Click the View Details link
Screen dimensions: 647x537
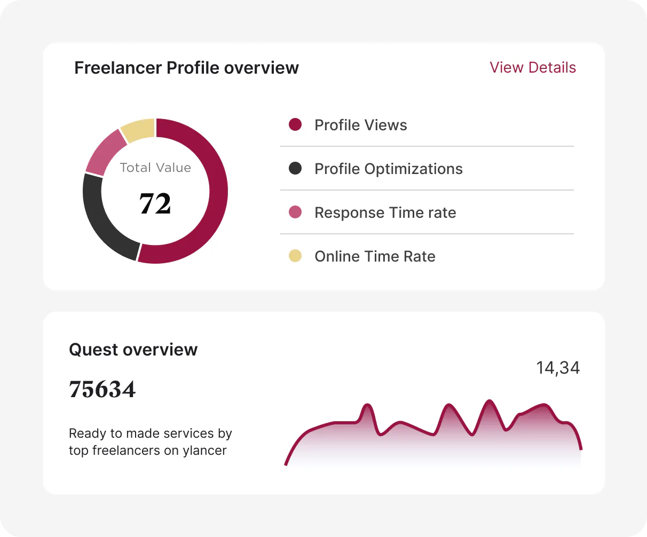pos(533,68)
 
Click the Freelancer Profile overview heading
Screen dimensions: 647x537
pos(186,68)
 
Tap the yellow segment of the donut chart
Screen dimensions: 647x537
pos(138,130)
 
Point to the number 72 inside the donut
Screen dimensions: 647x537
pos(155,203)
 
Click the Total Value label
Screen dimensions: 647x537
pos(155,168)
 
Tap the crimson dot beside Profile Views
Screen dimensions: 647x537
pos(295,124)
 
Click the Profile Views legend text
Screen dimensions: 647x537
pos(361,125)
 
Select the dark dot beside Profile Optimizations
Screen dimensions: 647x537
pos(295,168)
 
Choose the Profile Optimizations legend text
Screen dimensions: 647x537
pos(389,169)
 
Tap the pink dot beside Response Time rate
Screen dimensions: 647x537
pos(295,212)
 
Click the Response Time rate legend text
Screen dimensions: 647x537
pos(385,213)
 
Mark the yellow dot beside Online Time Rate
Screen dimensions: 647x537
pos(295,256)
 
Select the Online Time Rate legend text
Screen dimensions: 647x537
pos(375,257)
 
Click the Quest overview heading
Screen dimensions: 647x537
pos(133,350)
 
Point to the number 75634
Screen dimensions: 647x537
pos(102,389)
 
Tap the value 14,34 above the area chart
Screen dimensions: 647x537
pos(558,368)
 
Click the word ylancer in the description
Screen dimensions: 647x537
pos(204,451)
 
